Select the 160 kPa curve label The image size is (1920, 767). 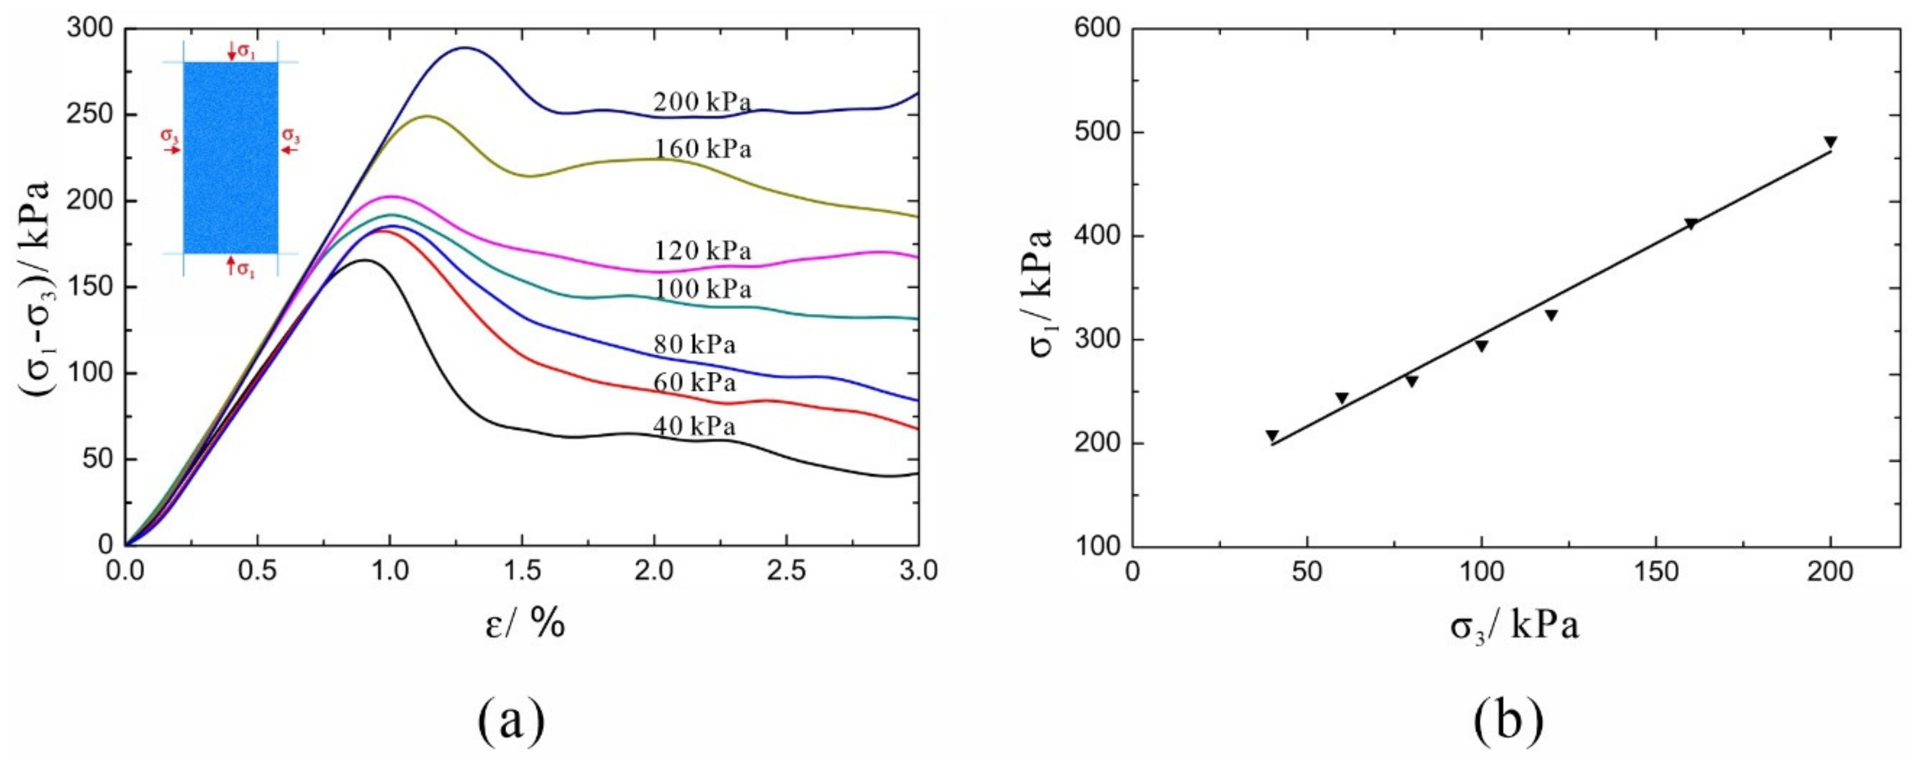[702, 149]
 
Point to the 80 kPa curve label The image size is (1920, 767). [694, 345]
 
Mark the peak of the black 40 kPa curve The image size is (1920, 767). [365, 260]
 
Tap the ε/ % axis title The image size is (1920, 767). [525, 625]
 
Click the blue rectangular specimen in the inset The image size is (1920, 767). [231, 157]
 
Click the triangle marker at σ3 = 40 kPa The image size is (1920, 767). [1272, 436]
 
